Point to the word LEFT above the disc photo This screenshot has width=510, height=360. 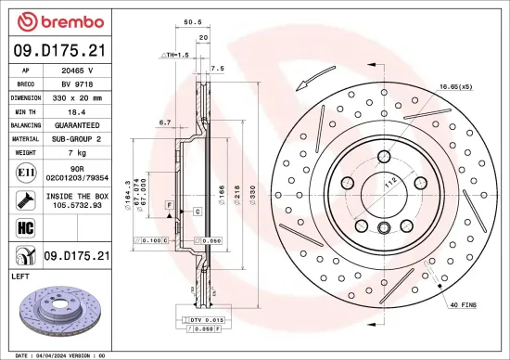click(x=20, y=276)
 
